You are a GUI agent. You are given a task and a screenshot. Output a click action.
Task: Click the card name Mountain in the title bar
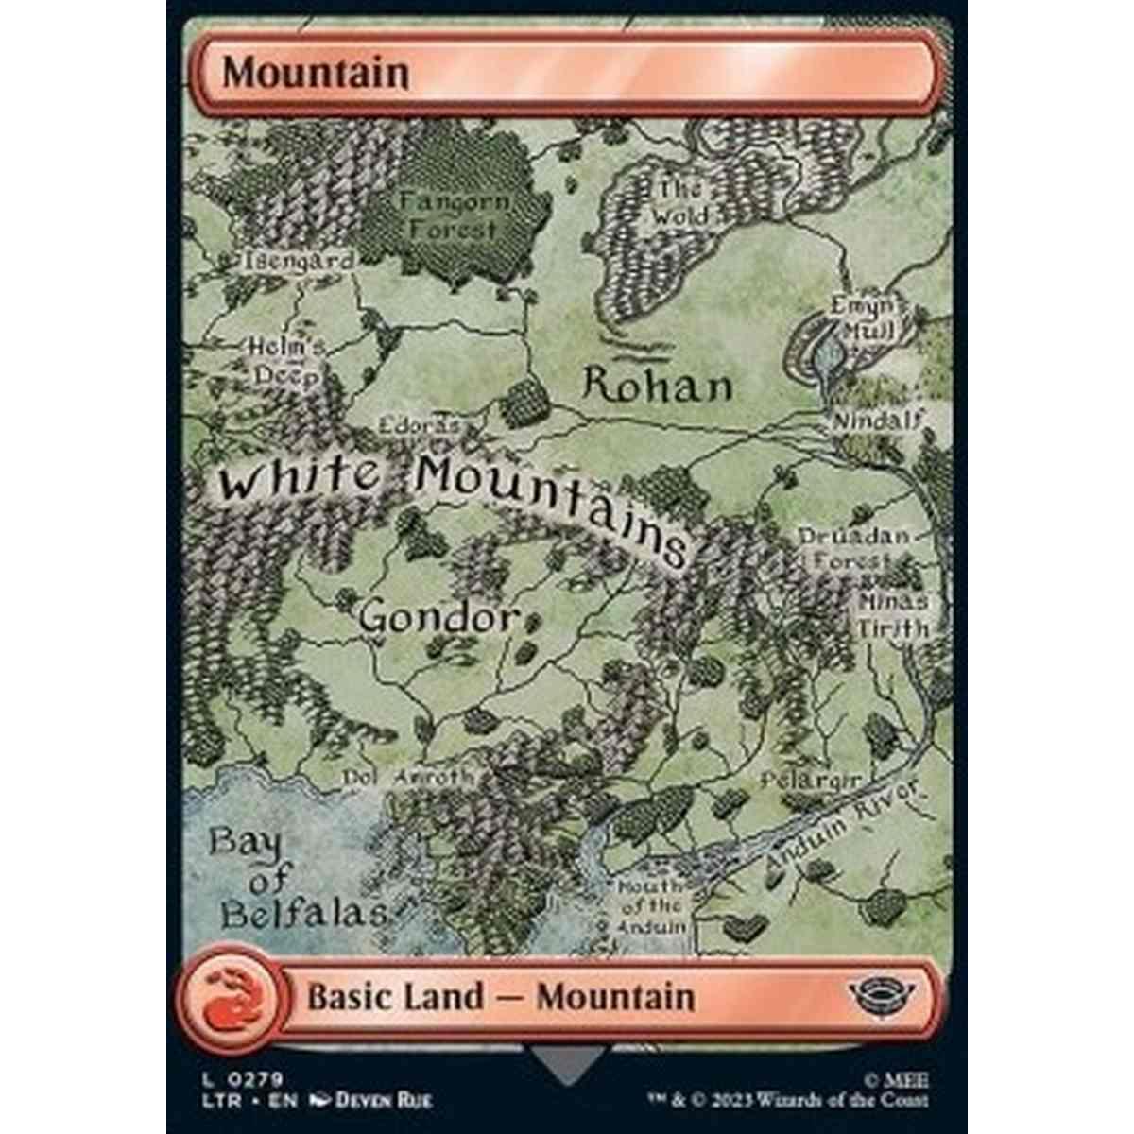pos(316,73)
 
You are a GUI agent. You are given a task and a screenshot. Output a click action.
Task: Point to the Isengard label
pos(299,262)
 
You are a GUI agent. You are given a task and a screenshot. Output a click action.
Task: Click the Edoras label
pos(419,426)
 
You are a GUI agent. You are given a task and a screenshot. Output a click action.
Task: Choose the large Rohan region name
pos(658,386)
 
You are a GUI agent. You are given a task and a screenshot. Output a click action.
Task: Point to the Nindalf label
pos(876,421)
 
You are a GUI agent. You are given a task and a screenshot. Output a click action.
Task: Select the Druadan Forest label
pos(853,549)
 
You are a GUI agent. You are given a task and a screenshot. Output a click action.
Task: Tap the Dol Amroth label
pos(407,777)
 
